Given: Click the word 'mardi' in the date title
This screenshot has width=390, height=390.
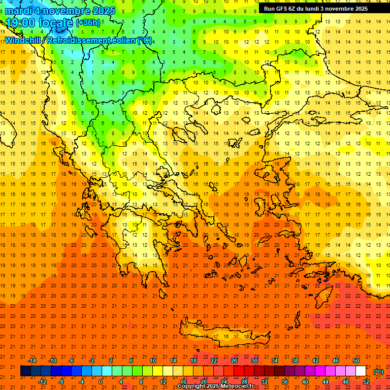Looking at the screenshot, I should (19, 11).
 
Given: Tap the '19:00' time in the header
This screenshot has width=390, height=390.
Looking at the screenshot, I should (21, 23).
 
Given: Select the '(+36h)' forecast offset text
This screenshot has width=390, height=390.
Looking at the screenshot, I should (88, 23).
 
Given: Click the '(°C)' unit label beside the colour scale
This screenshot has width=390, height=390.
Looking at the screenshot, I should (378, 372).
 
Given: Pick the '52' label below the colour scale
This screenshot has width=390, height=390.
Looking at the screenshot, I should (366, 382).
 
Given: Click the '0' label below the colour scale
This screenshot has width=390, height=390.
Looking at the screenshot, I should (101, 382).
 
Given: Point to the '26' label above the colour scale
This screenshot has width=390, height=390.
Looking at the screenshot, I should (234, 361).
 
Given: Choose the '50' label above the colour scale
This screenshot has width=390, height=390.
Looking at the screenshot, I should (356, 361).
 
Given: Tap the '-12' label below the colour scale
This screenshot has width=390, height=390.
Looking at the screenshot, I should (42, 382).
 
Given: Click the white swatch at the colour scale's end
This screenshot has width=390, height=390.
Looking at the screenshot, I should (361, 371).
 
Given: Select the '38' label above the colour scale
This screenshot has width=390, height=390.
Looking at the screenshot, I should (295, 361).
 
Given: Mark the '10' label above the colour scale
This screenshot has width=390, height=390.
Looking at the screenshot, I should (153, 361).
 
